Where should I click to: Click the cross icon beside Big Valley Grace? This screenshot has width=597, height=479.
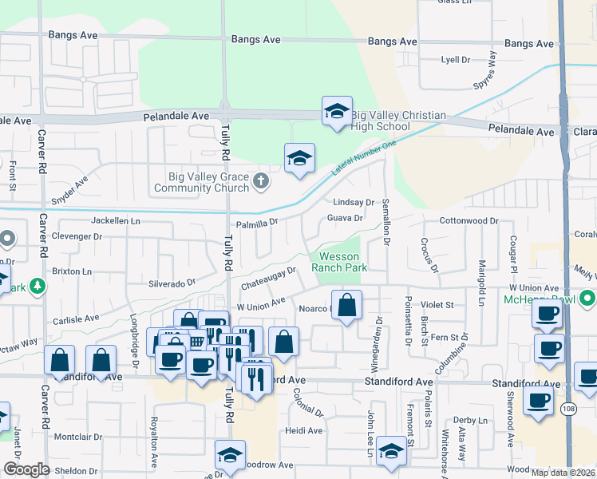tap(259, 183)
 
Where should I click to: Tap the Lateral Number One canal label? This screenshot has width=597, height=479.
tap(364, 157)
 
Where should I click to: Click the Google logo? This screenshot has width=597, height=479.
tap(26, 469)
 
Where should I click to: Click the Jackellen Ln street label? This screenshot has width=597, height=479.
tap(115, 220)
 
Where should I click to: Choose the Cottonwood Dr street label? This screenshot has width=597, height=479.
tap(468, 220)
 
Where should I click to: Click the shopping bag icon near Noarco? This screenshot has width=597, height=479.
tap(347, 305)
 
